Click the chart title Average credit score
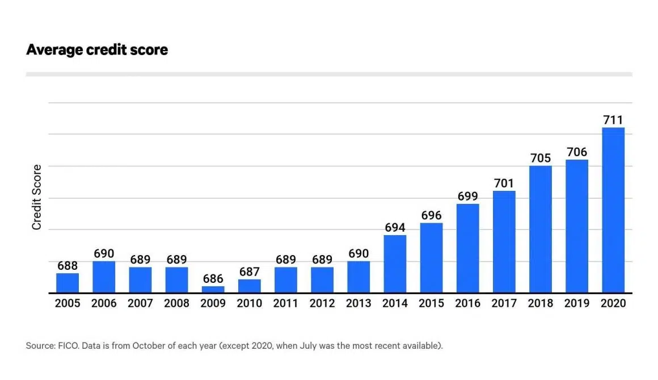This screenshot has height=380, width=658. tap(97, 50)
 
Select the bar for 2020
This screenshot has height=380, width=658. tap(613, 210)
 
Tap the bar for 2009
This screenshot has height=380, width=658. tap(213, 290)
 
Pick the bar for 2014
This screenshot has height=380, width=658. tap(395, 264)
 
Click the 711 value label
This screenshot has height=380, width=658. tap(613, 120)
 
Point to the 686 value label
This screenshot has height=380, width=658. tap(213, 279)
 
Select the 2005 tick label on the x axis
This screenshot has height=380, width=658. tap(68, 303)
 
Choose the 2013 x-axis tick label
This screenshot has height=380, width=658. tap(358, 303)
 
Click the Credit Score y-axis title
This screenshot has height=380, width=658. tap(37, 197)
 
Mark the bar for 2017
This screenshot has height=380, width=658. tap(504, 241)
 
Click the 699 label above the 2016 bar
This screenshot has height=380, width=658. tap(467, 197)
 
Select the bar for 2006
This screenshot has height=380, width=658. tap(104, 277)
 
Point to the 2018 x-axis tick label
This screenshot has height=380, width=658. tap(540, 303)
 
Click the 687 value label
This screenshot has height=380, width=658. tap(249, 272)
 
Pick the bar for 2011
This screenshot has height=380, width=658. tap(285, 279)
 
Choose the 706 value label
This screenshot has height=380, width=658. tap(576, 152)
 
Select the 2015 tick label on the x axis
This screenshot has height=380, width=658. tap(431, 303)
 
